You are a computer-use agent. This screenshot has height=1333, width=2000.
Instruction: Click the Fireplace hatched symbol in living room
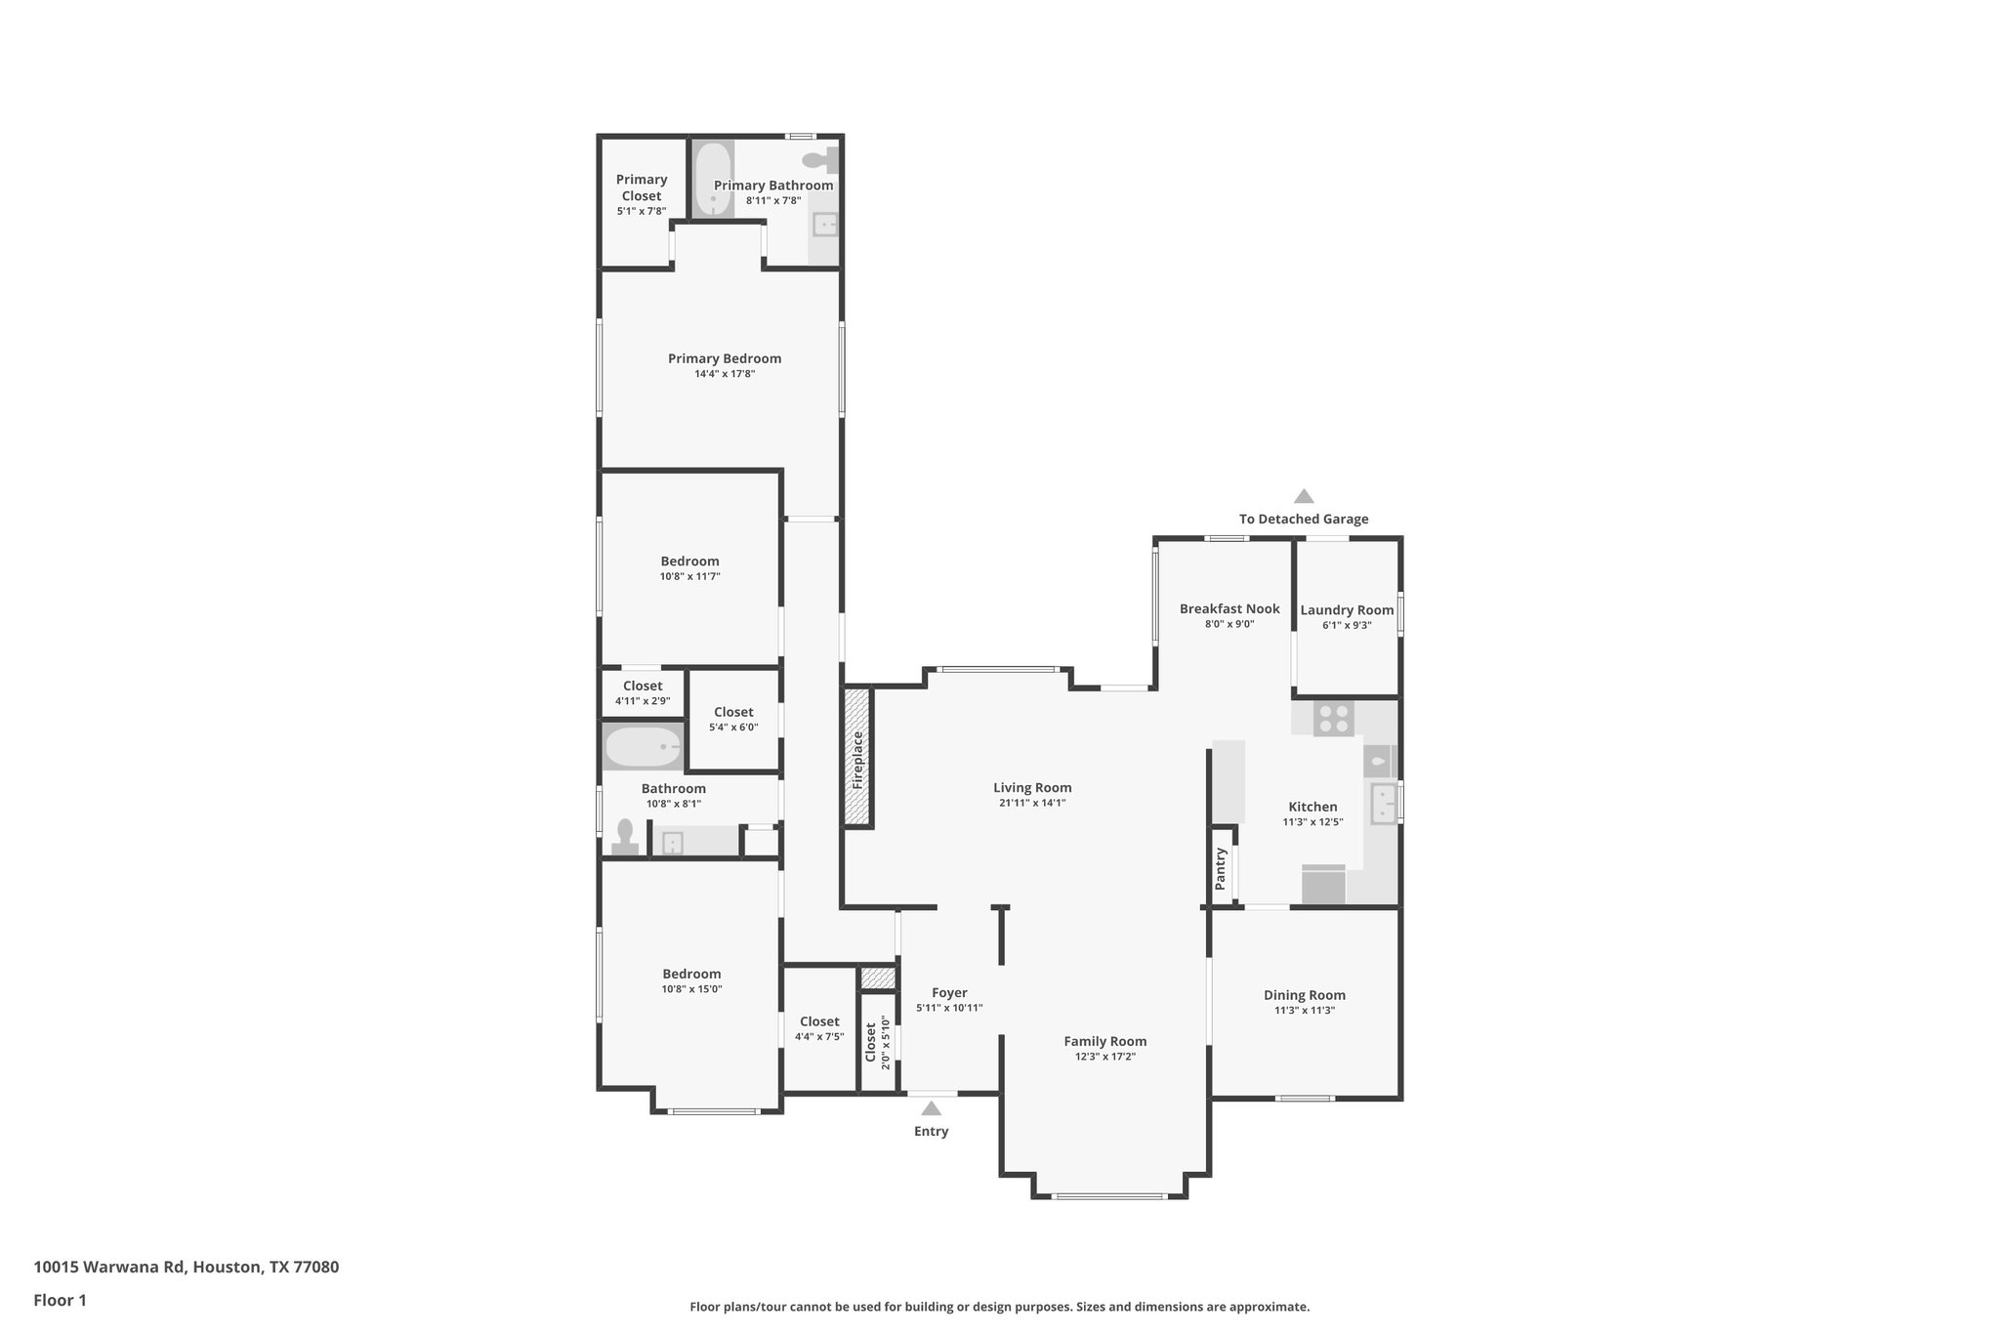(857, 758)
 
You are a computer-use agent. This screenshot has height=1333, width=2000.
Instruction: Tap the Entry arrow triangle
(931, 1108)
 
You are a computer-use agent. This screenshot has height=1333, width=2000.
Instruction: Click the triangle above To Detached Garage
(1304, 496)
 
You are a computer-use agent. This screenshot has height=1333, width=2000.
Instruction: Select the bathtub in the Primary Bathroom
(714, 180)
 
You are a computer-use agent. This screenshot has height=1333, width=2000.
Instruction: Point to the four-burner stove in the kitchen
(1334, 720)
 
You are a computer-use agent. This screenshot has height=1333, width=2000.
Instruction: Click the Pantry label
(1220, 867)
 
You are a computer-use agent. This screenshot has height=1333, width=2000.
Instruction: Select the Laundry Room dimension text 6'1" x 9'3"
(1347, 625)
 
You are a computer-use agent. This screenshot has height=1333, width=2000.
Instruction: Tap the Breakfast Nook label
(1229, 608)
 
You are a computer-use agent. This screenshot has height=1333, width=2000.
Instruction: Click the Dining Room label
(1304, 995)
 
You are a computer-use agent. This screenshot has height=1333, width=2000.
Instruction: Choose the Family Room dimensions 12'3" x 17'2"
(1105, 1057)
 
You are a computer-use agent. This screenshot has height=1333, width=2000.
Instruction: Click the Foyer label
(949, 992)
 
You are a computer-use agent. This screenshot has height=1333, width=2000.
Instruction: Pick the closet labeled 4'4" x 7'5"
(819, 1028)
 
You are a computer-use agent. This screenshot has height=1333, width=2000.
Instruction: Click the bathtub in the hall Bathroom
(643, 748)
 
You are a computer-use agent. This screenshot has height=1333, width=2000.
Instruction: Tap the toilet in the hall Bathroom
(625, 837)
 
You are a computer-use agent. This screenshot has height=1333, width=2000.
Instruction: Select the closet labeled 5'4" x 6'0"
(733, 719)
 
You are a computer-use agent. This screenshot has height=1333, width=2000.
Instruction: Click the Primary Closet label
(642, 187)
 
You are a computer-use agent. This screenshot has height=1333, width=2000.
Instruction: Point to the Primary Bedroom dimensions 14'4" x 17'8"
(725, 374)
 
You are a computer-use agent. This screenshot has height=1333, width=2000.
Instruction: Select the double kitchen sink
(1385, 804)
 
